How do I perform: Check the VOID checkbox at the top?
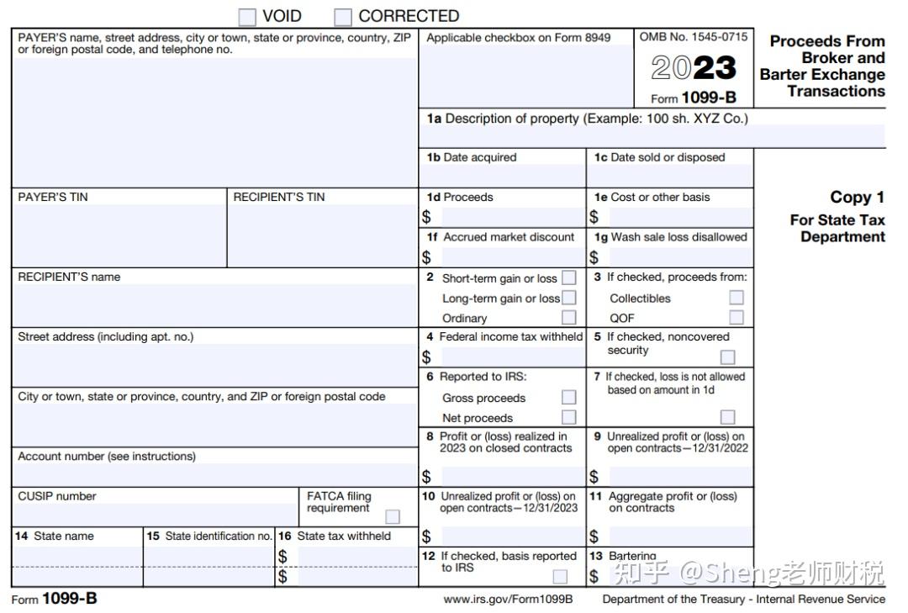coord(247,17)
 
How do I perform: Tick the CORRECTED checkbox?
coord(343,17)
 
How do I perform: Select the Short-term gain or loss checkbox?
coord(569,277)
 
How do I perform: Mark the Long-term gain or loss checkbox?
coord(569,298)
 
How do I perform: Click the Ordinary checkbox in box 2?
coord(569,318)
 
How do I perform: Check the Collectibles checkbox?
coord(736,298)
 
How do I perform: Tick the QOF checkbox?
coord(736,318)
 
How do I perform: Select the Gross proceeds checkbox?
coord(569,398)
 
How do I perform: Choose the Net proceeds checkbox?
coord(569,417)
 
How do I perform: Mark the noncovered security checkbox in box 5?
coord(727,357)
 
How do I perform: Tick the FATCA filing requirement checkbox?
coord(393,516)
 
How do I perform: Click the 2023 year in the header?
coord(694,68)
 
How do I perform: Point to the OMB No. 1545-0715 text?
coord(693,37)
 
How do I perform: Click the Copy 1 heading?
coord(857,198)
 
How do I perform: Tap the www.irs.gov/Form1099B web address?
coord(508,600)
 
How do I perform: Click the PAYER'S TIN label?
coord(53,198)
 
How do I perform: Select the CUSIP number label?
coord(57,496)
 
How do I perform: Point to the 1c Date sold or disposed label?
coord(659,157)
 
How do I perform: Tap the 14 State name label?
coord(55,536)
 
